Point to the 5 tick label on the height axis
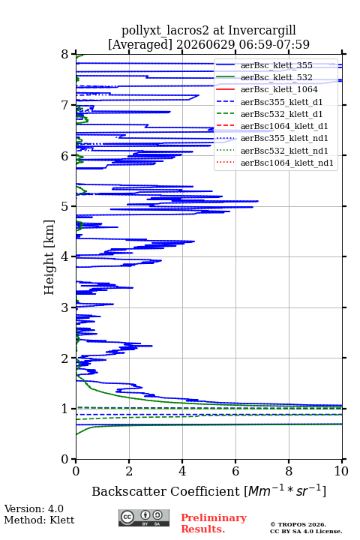(x=64, y=206)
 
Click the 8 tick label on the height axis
(x=64, y=54)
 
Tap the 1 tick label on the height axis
(x=64, y=409)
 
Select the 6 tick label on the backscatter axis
(x=235, y=471)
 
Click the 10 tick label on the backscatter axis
(x=342, y=471)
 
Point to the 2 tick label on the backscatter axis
(x=129, y=471)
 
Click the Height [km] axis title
(x=49, y=257)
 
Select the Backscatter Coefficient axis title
(x=208, y=490)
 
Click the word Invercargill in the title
(x=262, y=30)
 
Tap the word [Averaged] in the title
(x=139, y=44)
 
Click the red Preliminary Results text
(x=214, y=523)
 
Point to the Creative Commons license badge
(x=144, y=517)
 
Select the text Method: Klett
(x=39, y=520)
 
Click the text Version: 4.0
(x=34, y=508)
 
